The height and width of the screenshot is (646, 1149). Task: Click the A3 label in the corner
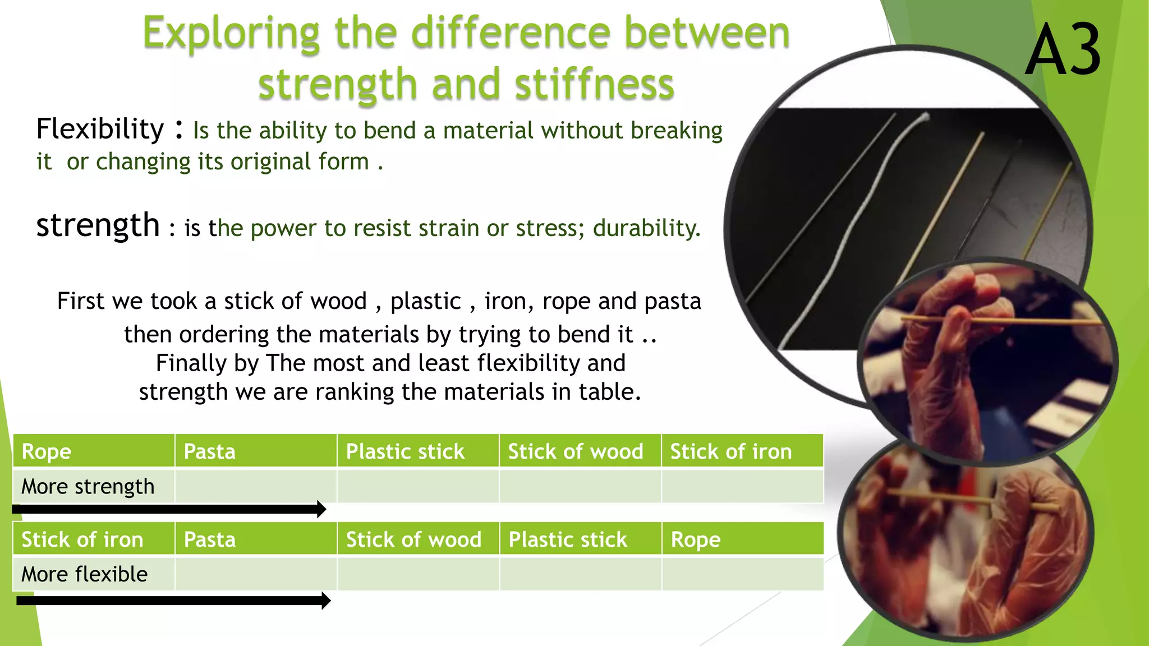[1063, 50]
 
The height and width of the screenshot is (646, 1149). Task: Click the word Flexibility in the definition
[100, 129]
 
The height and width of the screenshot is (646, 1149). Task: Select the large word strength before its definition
[98, 225]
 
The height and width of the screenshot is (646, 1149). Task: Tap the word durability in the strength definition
[646, 228]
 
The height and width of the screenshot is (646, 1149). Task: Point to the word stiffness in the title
[594, 84]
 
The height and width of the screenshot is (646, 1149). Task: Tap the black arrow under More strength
[168, 509]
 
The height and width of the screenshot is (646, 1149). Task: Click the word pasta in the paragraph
[673, 301]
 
